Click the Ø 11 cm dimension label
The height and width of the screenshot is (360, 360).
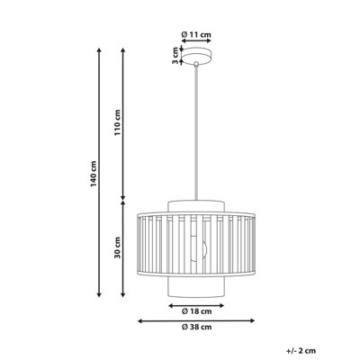[196, 34]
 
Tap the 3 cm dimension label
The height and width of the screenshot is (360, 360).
[175, 56]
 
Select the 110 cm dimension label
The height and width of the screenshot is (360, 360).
[118, 122]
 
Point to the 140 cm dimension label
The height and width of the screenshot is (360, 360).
[94, 174]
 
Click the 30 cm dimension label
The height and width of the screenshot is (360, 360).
[117, 247]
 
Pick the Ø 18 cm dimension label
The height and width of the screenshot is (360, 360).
[196, 311]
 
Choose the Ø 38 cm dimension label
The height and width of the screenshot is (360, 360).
[196, 327]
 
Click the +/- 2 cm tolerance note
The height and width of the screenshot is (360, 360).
[301, 350]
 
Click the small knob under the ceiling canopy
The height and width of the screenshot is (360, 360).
[196, 64]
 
